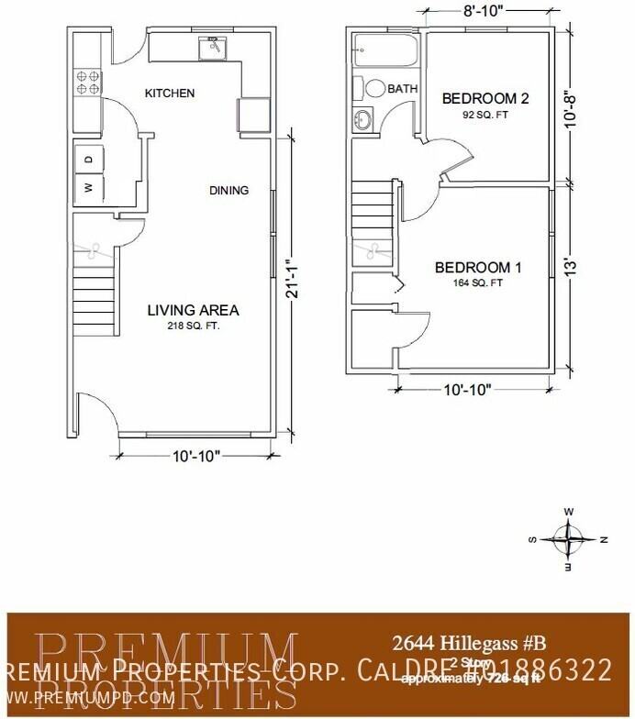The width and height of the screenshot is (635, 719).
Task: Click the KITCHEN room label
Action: click(x=170, y=94)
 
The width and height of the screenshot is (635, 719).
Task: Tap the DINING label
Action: click(x=228, y=191)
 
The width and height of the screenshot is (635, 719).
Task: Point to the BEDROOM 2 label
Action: click(x=485, y=98)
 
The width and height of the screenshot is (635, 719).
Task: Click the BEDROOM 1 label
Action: click(x=478, y=268)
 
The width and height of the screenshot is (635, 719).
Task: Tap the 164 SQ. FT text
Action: click(x=478, y=283)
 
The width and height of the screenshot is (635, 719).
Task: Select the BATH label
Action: click(x=402, y=89)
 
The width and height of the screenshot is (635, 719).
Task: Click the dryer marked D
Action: click(x=88, y=159)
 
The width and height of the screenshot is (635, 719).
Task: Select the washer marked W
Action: click(x=88, y=187)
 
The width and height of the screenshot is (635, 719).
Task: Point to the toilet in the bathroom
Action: click(x=374, y=89)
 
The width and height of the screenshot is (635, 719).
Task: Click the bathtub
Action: click(x=384, y=50)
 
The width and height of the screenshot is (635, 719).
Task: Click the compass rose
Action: click(x=570, y=538)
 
